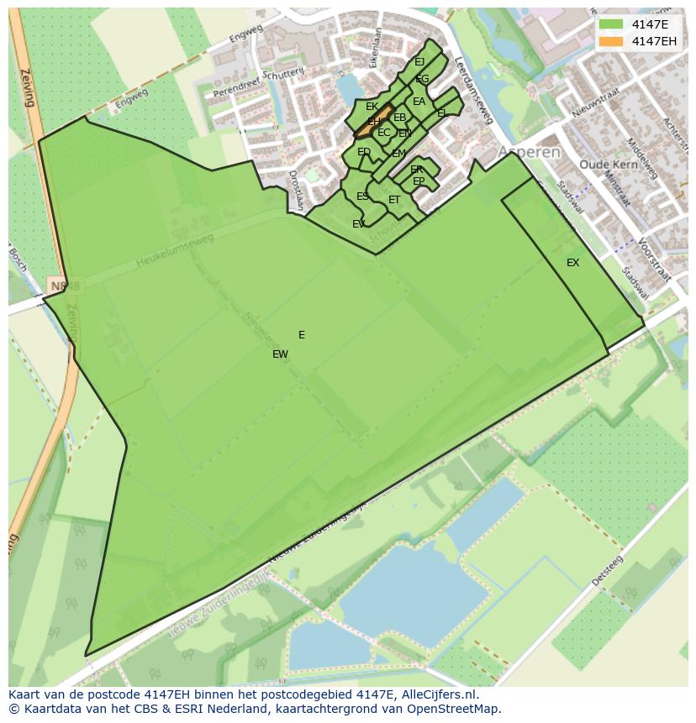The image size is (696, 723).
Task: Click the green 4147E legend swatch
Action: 612,24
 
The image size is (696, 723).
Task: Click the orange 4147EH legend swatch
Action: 612,40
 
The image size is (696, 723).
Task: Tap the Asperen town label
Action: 529,152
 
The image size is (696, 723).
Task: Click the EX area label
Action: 572,263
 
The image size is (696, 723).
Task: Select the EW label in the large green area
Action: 280,354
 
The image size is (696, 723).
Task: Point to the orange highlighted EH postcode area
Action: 373,122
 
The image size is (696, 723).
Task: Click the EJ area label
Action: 419,61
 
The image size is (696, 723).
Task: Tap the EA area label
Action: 419,102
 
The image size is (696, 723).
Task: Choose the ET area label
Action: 394,200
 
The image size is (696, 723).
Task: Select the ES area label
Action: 362,196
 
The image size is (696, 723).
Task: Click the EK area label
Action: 372,107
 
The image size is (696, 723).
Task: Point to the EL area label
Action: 441,113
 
